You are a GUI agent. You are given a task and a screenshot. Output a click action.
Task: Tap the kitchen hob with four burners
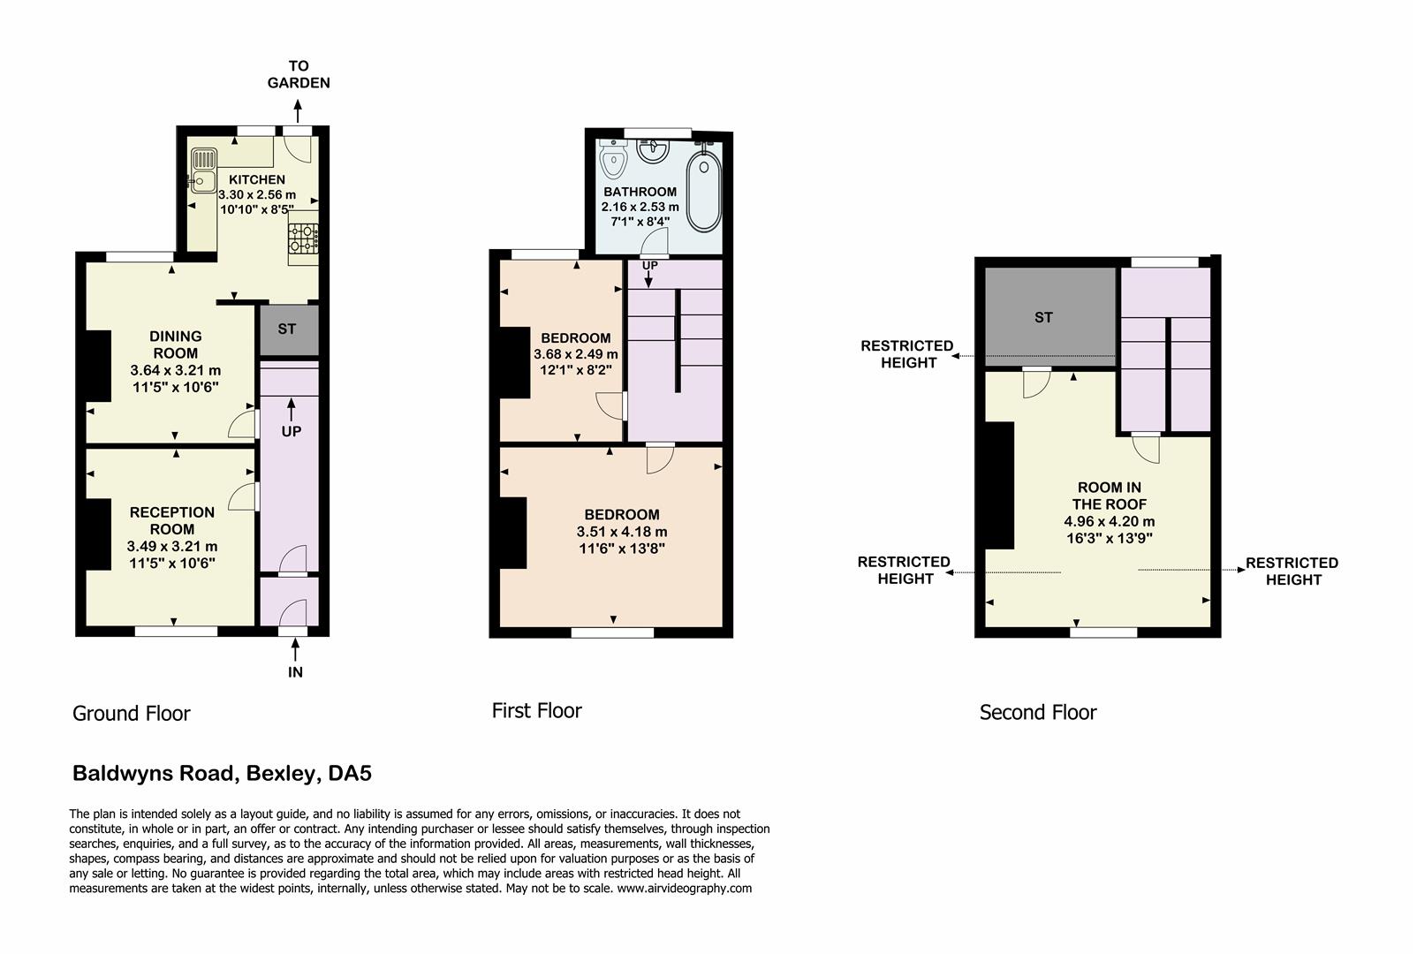[x=303, y=238]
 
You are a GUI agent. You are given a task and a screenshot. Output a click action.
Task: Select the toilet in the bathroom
[x=611, y=160]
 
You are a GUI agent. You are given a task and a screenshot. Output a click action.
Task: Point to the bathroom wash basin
[x=654, y=151]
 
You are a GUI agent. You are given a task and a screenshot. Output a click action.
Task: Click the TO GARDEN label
[x=299, y=74]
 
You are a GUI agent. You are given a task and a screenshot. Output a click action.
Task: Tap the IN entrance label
[x=295, y=672]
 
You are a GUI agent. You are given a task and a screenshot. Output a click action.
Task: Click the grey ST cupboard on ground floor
[x=287, y=329]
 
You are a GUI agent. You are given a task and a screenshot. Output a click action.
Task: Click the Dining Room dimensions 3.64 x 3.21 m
[x=176, y=370]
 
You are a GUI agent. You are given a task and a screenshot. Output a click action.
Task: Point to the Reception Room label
[x=172, y=520]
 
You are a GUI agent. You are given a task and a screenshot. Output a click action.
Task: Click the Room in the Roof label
[x=1110, y=496]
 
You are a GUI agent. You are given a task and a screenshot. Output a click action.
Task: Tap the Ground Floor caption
[x=132, y=714]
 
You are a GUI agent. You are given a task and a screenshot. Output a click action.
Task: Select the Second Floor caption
[x=1038, y=712]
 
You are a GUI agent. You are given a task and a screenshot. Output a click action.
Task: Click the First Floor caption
[x=537, y=710]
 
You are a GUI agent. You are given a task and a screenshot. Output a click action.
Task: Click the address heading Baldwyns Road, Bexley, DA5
[x=222, y=774]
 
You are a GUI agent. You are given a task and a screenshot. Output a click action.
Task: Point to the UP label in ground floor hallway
[x=292, y=431]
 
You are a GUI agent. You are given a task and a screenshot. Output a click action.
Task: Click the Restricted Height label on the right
[x=1292, y=571]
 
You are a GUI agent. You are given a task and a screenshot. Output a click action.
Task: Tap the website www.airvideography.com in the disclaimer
[x=685, y=889]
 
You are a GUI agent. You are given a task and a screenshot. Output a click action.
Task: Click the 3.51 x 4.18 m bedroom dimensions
[x=622, y=532]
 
